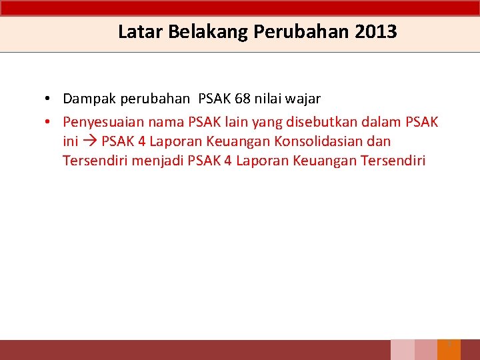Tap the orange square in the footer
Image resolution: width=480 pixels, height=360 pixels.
point(449,350)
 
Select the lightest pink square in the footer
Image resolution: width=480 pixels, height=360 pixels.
point(402,350)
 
